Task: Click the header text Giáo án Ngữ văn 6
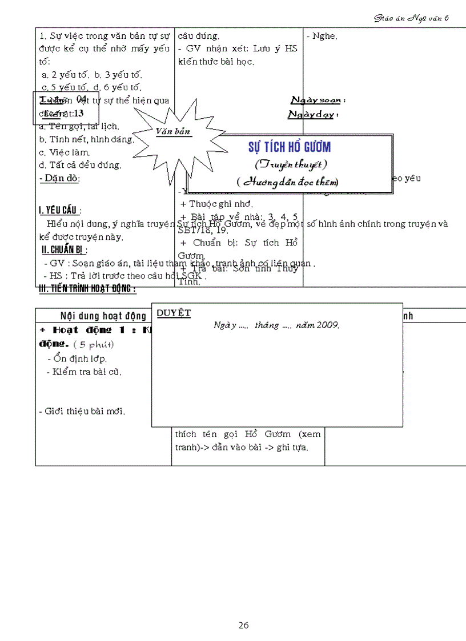(x=411, y=18)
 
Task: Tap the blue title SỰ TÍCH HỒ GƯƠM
(x=289, y=147)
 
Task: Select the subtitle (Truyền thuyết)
(x=290, y=164)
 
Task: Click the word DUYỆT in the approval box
(x=174, y=313)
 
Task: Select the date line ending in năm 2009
(x=276, y=325)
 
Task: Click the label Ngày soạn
(x=318, y=100)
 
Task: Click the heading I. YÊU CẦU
(x=60, y=211)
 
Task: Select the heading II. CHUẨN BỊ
(x=65, y=249)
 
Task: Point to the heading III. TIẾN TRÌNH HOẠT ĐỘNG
(x=87, y=289)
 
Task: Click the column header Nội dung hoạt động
(x=103, y=316)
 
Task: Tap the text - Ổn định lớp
(x=77, y=359)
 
